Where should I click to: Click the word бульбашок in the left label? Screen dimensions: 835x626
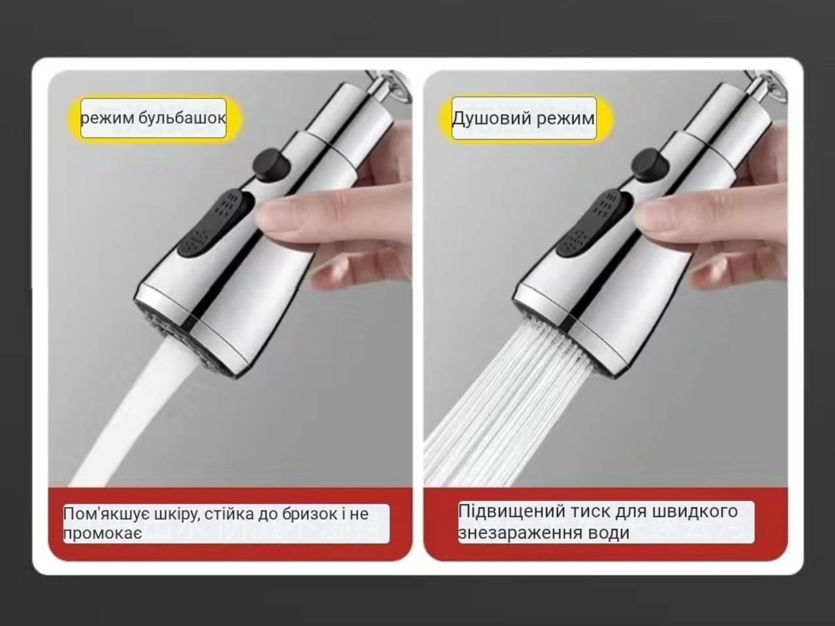coord(182,118)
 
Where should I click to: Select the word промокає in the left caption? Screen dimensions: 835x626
coord(102,533)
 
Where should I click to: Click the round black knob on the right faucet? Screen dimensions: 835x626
coord(650,164)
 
